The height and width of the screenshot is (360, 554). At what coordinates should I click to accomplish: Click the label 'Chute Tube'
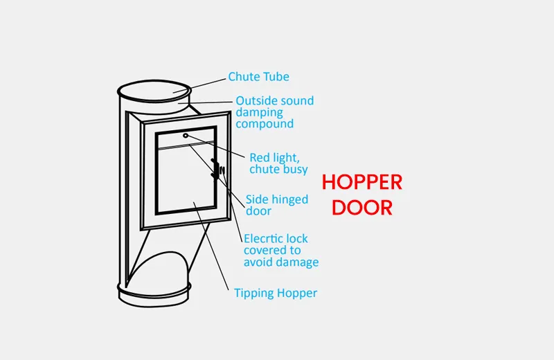[x=258, y=77]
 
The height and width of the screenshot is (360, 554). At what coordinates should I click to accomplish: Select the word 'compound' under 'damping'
[x=264, y=125]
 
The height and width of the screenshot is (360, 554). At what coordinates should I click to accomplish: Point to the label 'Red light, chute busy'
[x=278, y=163]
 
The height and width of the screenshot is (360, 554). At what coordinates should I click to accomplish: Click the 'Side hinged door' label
[x=277, y=206]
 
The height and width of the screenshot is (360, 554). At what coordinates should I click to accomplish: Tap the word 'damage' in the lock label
[x=299, y=263]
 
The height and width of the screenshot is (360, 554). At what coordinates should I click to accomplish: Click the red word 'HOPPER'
[x=362, y=183]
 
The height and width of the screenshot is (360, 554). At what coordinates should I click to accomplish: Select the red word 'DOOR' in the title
[x=362, y=208]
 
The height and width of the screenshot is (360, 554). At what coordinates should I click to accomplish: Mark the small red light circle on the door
[x=186, y=136]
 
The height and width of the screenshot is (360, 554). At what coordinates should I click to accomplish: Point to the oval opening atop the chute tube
[x=154, y=90]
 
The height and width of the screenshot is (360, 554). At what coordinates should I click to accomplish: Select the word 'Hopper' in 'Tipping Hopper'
[x=296, y=293]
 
